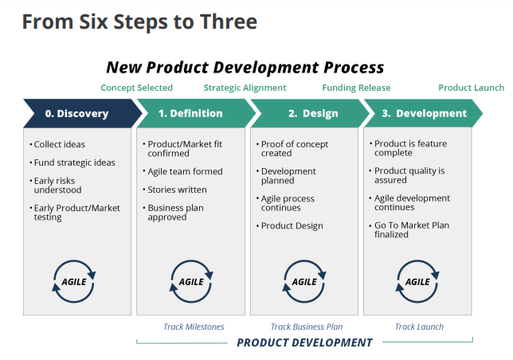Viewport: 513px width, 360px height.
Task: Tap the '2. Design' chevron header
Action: click(310, 113)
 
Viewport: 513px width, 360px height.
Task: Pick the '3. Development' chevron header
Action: click(423, 113)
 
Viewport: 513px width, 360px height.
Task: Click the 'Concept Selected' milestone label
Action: click(136, 88)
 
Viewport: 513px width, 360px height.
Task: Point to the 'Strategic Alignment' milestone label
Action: click(245, 88)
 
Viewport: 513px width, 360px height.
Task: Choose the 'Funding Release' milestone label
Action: click(356, 88)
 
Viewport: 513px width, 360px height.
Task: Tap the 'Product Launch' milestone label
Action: click(471, 88)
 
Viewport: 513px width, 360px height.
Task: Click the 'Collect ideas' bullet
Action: click(57, 144)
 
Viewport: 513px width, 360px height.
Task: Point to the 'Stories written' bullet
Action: click(174, 190)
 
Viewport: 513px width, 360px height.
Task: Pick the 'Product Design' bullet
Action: click(289, 225)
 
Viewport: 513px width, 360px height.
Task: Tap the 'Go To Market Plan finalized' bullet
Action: click(409, 229)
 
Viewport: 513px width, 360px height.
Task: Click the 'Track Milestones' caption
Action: click(194, 327)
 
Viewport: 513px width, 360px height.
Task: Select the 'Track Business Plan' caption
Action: click(307, 327)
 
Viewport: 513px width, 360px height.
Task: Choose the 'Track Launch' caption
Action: click(419, 327)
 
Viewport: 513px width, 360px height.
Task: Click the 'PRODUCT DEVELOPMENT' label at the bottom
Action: click(304, 342)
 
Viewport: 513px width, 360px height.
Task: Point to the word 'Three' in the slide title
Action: click(229, 22)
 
